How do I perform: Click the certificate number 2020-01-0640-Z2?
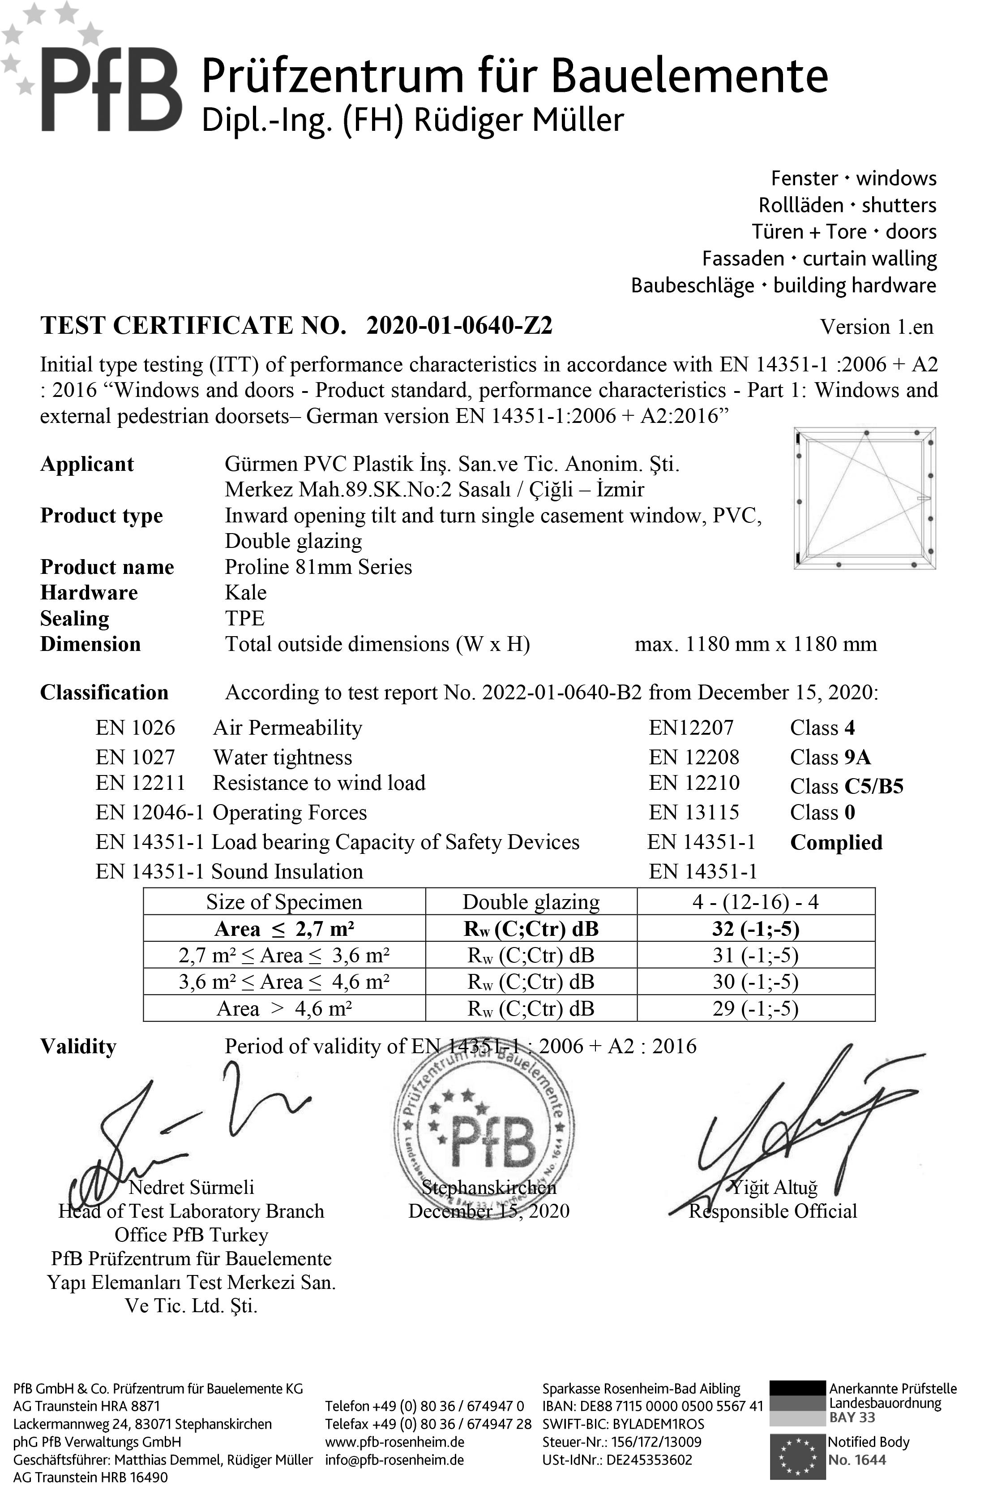coord(459,326)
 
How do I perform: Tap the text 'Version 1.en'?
coord(877,327)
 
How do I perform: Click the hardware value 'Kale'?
coord(246,593)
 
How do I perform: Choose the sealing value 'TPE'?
coord(244,619)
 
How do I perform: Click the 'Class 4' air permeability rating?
coord(822,728)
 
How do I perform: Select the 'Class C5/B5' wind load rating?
coord(846,786)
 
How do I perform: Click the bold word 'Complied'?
coord(836,842)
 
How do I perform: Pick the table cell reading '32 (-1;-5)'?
coord(756,929)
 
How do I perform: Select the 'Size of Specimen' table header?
coord(284,902)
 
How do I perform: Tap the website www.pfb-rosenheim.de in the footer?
coord(394,1442)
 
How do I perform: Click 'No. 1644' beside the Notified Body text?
coord(857,1460)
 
